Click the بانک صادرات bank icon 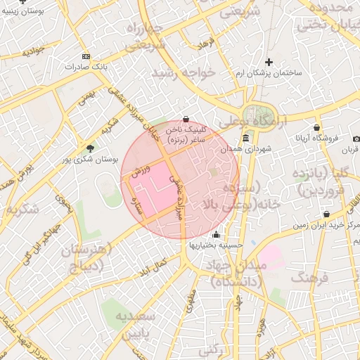click(x=86, y=56)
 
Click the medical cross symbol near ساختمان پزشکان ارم click(x=269, y=62)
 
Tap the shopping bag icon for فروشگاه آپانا click(x=317, y=127)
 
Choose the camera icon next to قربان click(x=356, y=139)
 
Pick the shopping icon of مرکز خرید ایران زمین click(x=326, y=214)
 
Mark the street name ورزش click(x=141, y=169)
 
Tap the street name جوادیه click(x=32, y=51)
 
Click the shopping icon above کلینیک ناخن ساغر click(x=186, y=119)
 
